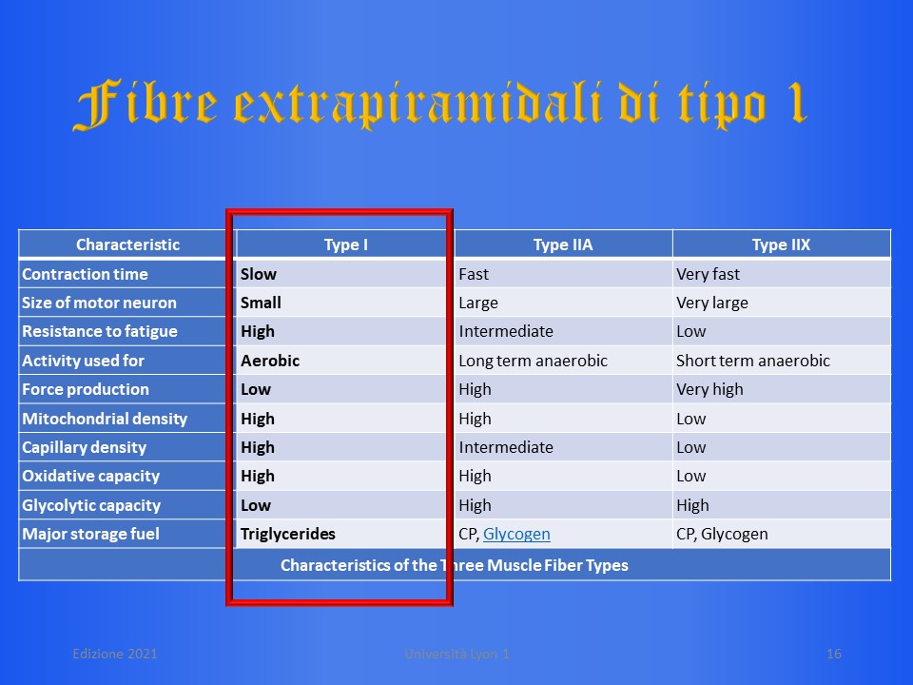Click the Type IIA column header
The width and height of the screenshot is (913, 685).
(x=562, y=245)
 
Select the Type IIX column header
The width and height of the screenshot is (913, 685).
(x=781, y=245)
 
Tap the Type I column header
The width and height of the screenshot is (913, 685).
(x=346, y=245)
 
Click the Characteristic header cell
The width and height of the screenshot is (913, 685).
(x=127, y=245)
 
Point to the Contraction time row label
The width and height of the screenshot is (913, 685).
(x=85, y=274)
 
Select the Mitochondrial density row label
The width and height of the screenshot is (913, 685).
(x=105, y=419)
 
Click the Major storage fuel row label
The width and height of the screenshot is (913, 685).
(x=91, y=534)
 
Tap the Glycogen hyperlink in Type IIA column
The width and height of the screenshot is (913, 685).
(x=516, y=534)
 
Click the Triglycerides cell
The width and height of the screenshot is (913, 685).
(x=287, y=534)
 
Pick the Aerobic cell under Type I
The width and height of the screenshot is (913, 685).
(x=270, y=361)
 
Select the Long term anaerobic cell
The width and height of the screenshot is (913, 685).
(x=533, y=362)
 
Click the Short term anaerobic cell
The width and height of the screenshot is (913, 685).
(x=753, y=362)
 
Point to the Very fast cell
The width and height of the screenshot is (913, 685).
(x=708, y=274)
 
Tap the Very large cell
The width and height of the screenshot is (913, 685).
(x=712, y=303)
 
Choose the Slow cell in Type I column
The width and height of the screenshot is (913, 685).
(x=259, y=274)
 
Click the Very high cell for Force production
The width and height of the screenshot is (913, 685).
(x=709, y=390)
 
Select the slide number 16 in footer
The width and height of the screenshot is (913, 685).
(x=834, y=655)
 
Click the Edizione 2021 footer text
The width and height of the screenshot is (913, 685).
(x=115, y=655)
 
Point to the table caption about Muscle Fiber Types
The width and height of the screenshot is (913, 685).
(x=455, y=565)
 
